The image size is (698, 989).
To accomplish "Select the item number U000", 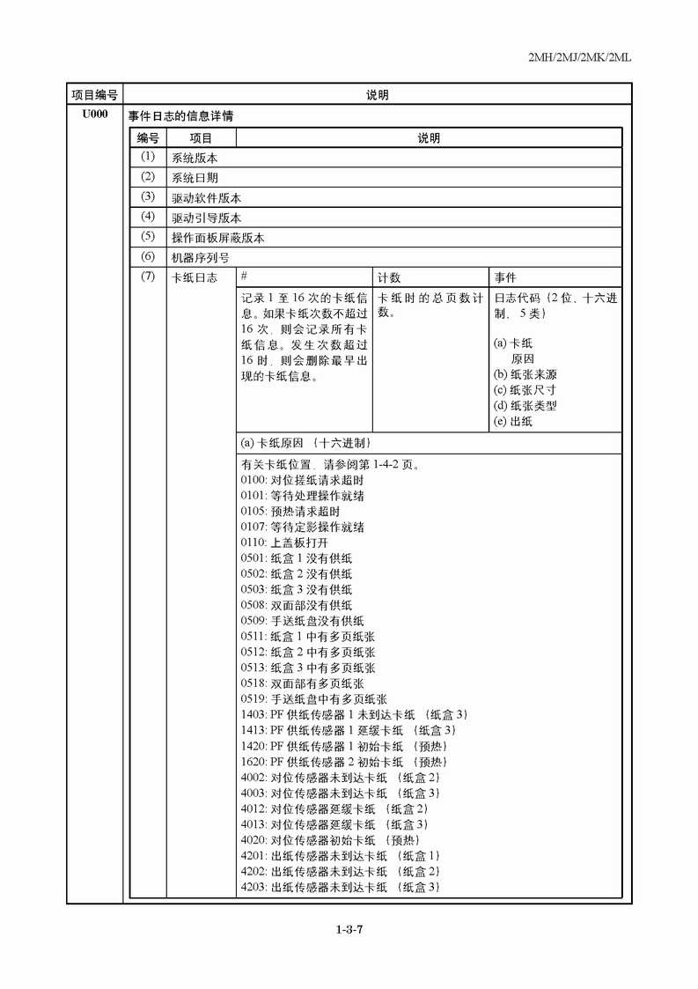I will click(94, 114).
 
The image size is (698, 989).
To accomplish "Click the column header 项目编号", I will click(94, 94).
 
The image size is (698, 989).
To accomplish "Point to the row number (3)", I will click(147, 196).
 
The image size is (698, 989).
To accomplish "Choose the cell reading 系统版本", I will click(195, 159).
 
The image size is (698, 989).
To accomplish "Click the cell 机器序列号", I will click(201, 258).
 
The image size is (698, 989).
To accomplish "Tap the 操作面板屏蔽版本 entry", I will click(217, 238).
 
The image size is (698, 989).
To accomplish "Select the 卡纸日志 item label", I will click(195, 278).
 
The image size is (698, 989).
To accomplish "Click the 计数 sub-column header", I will click(389, 277).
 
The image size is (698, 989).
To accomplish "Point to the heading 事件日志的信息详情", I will click(180, 115).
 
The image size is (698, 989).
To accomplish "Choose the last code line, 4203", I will click(340, 887).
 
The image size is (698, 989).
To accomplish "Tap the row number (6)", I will click(147, 257).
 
